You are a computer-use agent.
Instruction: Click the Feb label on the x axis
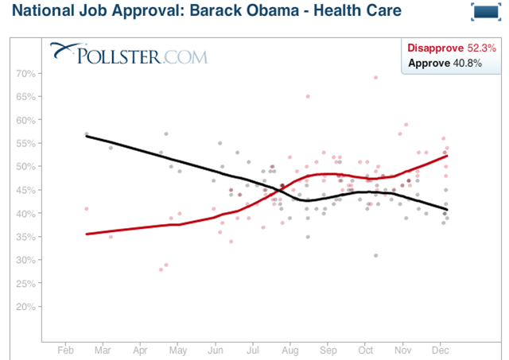66,349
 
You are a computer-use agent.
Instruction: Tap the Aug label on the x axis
290,349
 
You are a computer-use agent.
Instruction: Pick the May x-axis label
178,349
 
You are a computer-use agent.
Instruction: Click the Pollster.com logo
128,54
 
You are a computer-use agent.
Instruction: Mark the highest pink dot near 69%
375,77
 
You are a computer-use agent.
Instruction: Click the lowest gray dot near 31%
375,255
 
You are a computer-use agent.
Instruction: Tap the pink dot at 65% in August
308,96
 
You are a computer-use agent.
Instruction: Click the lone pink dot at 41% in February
86,208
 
